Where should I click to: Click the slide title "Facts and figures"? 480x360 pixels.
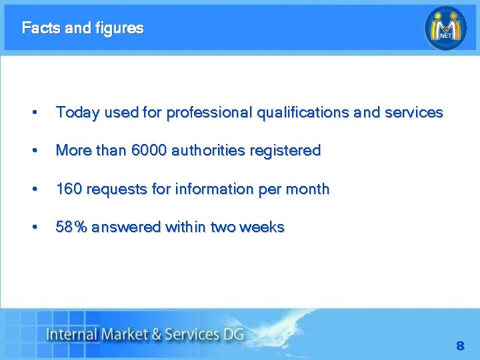pyautogui.click(x=82, y=28)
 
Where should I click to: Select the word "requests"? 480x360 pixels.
pyautogui.click(x=117, y=189)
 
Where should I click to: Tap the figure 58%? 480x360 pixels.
pyautogui.click(x=71, y=227)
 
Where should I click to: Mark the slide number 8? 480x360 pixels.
pyautogui.click(x=459, y=346)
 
